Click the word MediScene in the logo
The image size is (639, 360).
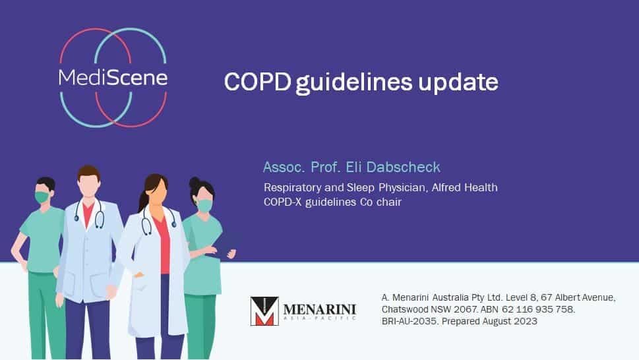tap(113, 77)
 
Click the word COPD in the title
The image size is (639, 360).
tap(258, 82)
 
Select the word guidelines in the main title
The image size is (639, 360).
tap(353, 83)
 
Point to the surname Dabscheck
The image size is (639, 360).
tap(403, 167)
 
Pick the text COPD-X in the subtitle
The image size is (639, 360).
tap(282, 202)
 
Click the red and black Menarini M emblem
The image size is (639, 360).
tap(264, 311)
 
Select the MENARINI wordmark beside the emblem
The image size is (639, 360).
tap(319, 310)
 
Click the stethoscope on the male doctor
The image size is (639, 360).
tap(89, 214)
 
